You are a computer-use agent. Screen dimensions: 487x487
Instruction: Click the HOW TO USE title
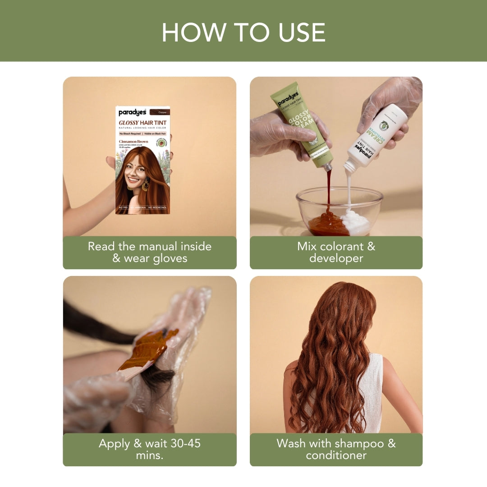[x=243, y=32]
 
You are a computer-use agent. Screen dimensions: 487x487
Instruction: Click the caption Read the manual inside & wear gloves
[x=149, y=253]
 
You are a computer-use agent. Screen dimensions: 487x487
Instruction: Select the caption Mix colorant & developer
[x=336, y=253]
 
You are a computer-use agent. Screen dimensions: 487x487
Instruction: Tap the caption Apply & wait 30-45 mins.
[x=149, y=449]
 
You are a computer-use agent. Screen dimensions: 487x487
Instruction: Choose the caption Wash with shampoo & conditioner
[x=336, y=449]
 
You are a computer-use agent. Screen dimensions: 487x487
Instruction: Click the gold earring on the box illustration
[x=145, y=185]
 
